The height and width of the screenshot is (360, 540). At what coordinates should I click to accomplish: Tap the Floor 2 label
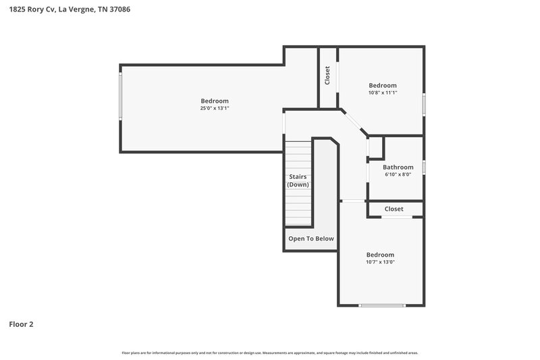point(21,324)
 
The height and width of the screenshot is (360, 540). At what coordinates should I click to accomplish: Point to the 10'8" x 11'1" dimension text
point(382,93)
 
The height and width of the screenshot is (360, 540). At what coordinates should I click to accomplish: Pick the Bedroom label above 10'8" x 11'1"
point(382,85)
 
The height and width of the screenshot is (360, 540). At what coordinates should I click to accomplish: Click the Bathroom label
point(398,167)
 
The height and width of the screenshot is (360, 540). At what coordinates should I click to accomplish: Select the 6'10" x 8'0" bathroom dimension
point(398,174)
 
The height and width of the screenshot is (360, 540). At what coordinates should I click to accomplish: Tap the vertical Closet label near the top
point(327,75)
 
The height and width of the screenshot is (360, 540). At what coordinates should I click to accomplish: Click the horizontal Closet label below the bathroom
point(394,209)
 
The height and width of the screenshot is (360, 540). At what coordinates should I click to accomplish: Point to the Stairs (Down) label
point(298,180)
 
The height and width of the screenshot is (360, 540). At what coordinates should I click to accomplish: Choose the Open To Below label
point(310,238)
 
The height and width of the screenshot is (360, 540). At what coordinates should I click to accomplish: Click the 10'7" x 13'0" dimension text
point(380,262)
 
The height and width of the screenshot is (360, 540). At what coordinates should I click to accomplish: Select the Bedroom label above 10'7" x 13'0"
point(380,255)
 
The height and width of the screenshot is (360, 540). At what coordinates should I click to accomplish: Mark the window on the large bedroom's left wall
point(121,108)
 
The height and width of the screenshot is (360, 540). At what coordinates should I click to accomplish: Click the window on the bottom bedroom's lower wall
point(382,306)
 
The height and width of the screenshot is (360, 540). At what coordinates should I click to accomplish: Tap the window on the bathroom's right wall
point(424,167)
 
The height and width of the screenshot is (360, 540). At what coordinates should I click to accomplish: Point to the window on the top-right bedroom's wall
point(424,105)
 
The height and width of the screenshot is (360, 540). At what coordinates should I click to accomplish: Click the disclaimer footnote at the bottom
point(270,353)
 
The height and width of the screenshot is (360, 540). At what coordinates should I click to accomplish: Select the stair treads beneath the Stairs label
point(297,206)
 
